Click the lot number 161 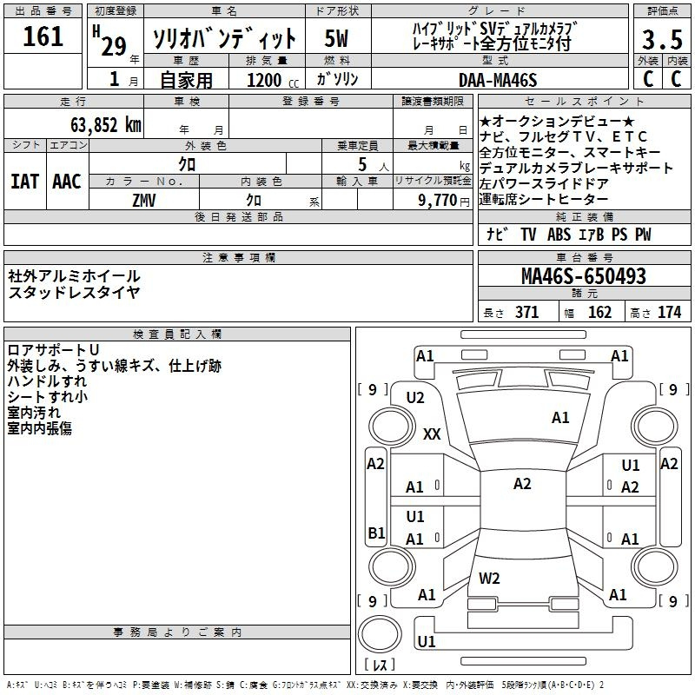click(x=43, y=36)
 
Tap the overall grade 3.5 click(x=662, y=39)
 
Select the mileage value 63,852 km click(x=106, y=124)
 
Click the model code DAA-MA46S click(x=498, y=80)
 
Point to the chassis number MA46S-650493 click(x=584, y=276)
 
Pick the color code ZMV click(x=143, y=201)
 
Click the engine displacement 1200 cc click(x=273, y=80)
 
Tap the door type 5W click(x=336, y=38)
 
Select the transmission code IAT click(x=24, y=182)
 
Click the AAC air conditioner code click(x=67, y=182)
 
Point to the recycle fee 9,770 click(x=438, y=200)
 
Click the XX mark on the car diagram click(x=432, y=434)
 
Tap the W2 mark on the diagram click(x=489, y=578)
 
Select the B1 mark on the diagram click(x=376, y=533)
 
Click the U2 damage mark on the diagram click(x=415, y=398)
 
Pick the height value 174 click(x=669, y=313)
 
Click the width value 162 click(x=599, y=313)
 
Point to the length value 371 click(x=527, y=313)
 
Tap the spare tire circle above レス click(x=380, y=634)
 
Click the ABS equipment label click(x=559, y=235)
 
